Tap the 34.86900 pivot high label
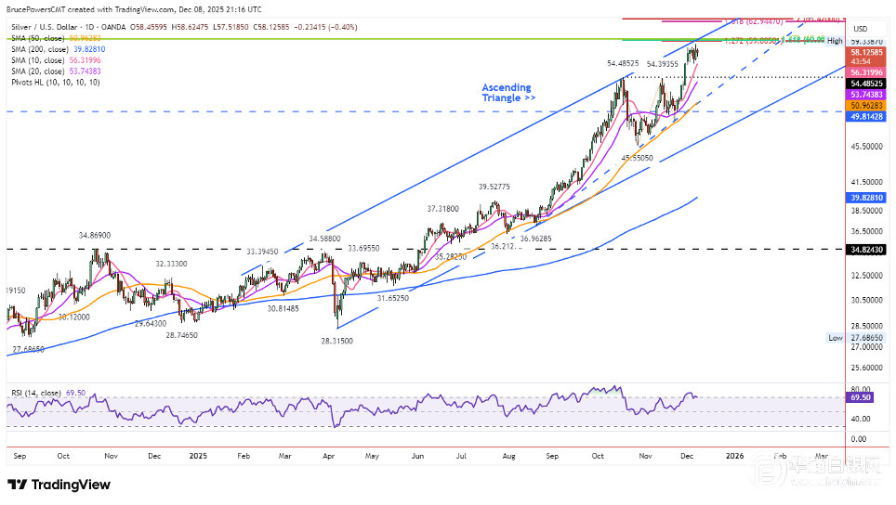tap(96, 237)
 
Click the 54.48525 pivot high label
tap(623, 63)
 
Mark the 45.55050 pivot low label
tap(637, 158)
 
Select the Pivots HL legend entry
tap(56, 83)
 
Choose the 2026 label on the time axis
tap(734, 456)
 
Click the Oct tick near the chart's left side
tap(64, 456)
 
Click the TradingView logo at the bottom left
tap(59, 485)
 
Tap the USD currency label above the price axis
tap(860, 28)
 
